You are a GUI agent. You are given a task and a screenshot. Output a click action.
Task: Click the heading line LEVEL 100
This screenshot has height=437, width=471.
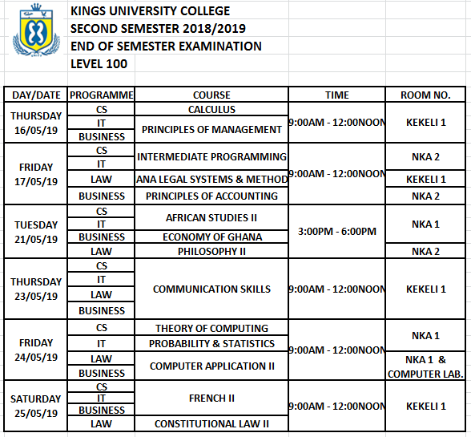99,64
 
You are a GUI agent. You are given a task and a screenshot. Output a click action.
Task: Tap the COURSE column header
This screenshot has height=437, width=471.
211,95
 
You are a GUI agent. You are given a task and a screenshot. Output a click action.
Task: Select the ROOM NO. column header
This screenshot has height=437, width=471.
425,95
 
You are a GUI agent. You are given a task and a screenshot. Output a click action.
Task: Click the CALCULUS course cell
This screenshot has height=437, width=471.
211,109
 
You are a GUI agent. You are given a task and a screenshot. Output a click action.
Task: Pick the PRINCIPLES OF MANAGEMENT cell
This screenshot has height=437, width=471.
211,129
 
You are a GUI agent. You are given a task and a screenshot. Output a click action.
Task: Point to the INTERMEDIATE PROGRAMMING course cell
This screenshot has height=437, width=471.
211,156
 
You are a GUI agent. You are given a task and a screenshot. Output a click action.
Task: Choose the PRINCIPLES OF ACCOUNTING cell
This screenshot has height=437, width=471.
211,196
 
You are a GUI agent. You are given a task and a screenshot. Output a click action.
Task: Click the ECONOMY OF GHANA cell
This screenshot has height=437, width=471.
211,237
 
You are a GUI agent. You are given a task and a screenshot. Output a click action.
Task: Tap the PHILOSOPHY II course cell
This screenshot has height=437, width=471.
211,251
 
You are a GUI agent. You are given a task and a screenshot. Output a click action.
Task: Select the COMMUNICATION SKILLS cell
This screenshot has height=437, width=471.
211,289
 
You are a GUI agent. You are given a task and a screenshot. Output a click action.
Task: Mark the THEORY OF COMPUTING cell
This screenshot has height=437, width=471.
211,328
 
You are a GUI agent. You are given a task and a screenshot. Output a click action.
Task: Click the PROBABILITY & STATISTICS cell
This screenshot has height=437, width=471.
211,343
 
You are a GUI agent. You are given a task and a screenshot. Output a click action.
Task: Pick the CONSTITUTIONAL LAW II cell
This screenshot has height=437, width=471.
211,423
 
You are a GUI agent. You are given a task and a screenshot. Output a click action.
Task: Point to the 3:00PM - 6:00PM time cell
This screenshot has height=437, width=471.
336,231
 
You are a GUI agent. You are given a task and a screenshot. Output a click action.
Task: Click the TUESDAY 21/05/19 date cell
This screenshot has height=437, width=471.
36,232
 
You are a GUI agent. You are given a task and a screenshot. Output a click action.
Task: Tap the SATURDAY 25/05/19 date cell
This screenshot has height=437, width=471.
36,406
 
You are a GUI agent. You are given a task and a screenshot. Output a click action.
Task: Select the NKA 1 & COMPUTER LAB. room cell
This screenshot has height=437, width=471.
425,366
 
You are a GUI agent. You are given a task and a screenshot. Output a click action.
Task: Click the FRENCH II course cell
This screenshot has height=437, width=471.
211,398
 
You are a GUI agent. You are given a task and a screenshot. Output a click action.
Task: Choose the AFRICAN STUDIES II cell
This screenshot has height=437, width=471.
211,217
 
